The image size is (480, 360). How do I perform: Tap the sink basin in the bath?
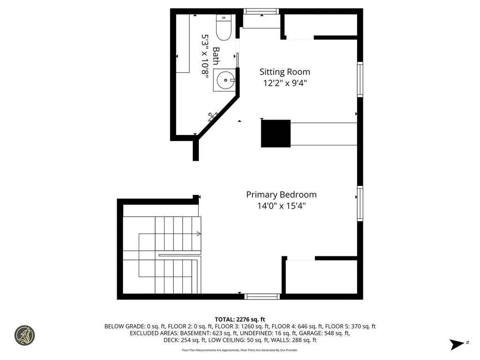225,80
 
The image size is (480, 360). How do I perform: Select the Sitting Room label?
285,72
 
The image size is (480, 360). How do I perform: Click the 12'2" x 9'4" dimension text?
285,83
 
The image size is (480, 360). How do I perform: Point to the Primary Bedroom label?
281,195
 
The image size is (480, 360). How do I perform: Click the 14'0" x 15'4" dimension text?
281,206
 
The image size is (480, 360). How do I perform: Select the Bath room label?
216,56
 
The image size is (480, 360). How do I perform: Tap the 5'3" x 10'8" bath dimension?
205,56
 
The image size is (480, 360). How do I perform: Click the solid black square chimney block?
276,134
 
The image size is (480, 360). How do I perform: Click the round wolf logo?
24,336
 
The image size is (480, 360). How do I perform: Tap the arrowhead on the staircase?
199,233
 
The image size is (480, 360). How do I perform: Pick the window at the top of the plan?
261,12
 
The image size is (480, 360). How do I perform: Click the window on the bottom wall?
262,296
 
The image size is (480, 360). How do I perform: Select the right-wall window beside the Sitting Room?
360,80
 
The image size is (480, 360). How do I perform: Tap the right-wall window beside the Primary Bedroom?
360,203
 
